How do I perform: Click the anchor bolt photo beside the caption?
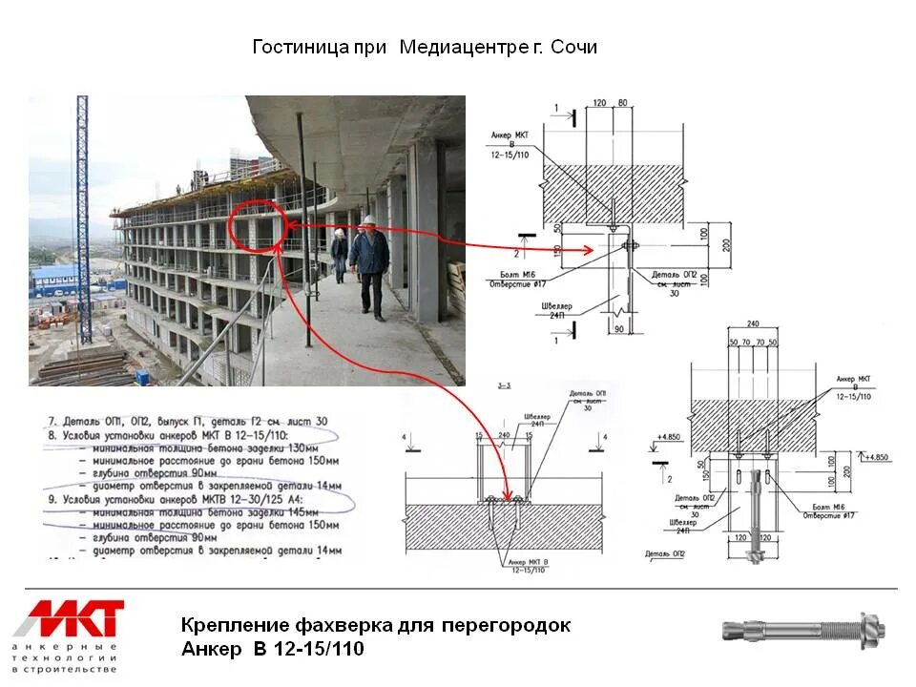tap(803, 631)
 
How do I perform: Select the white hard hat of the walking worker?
tap(367, 220)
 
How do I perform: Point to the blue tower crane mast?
tap(84, 219)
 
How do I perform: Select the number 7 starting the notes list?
tap(52, 420)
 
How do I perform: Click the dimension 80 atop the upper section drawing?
tap(621, 102)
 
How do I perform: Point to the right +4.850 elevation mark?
tap(876, 457)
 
